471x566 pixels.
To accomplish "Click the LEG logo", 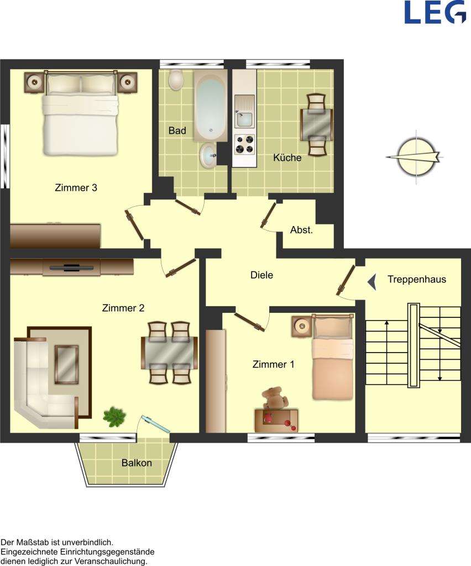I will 435,12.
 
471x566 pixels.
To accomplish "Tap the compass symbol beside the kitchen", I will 415,157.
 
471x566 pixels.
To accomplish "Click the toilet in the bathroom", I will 176,80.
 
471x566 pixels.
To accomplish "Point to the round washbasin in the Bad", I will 208,155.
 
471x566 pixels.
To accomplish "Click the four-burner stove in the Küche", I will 244,144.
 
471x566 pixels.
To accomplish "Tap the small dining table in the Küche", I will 317,124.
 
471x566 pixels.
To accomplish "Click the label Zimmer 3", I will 76,187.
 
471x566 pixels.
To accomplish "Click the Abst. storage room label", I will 301,230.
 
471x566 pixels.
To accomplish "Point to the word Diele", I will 261,275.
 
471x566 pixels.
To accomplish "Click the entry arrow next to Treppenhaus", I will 372,282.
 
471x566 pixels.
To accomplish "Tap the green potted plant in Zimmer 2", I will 114,416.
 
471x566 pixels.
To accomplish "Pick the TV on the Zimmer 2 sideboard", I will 72,268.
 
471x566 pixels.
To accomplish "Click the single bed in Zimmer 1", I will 332,359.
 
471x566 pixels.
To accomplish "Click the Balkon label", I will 137,463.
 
